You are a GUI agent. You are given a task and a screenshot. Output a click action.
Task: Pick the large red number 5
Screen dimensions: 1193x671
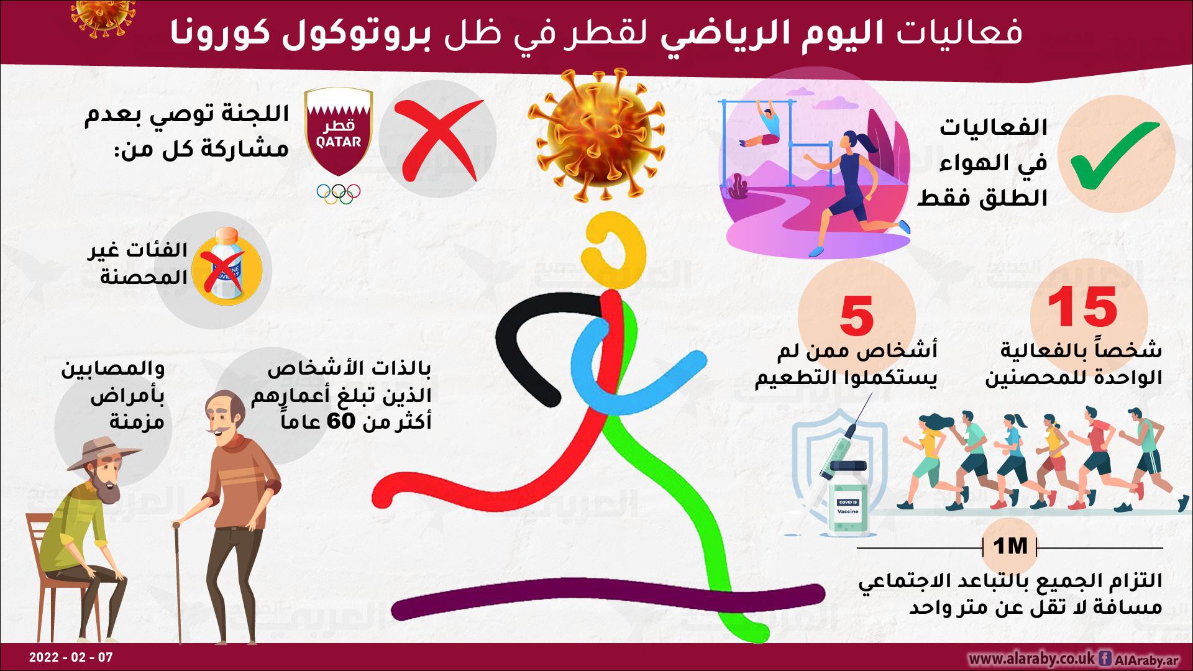click(857, 315)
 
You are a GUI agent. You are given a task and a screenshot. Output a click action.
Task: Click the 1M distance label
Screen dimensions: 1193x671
click(1010, 547)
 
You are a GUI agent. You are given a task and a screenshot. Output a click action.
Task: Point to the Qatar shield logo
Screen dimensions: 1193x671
click(339, 132)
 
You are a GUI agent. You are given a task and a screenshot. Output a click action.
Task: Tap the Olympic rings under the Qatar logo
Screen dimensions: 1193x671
click(339, 193)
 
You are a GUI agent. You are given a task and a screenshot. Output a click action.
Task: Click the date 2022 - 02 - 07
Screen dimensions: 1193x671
click(71, 657)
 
